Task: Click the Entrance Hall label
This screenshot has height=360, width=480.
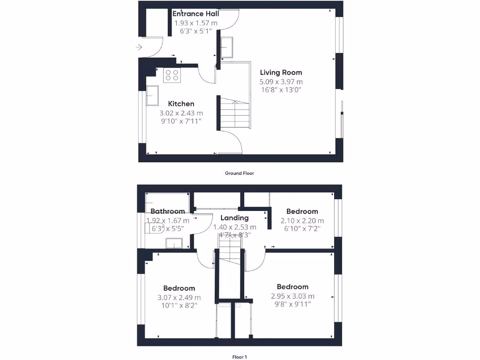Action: click(x=196, y=14)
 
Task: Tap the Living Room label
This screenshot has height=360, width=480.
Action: click(x=281, y=73)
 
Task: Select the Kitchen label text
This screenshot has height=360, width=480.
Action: click(x=181, y=104)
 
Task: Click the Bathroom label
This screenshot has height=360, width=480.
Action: click(x=168, y=211)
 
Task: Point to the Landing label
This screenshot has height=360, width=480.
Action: click(x=234, y=218)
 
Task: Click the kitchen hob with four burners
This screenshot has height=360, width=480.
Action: click(x=172, y=75)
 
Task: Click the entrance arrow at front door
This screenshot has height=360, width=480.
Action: click(x=139, y=47)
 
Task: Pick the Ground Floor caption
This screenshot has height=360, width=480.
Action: click(x=240, y=173)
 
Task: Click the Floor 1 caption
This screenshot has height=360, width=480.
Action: click(x=240, y=357)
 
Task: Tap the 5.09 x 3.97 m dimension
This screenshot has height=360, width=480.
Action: click(x=281, y=82)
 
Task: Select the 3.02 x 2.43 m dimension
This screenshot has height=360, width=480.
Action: click(x=181, y=113)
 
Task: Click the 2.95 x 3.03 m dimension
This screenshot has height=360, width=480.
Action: click(x=292, y=296)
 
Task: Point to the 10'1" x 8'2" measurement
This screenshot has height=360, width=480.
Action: click(x=179, y=305)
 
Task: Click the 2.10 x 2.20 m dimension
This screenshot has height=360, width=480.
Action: click(x=302, y=221)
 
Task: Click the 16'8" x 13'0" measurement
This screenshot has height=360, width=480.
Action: click(x=281, y=90)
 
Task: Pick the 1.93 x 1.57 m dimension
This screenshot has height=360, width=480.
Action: click(x=196, y=23)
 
